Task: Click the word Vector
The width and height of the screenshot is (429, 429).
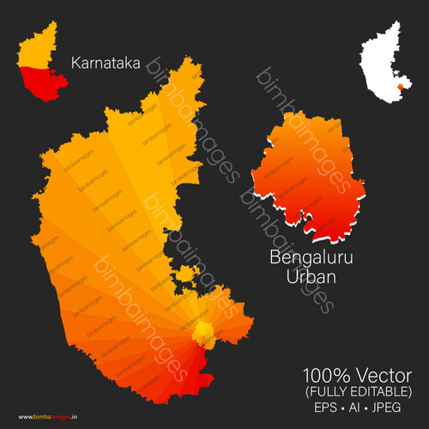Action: (x=384, y=375)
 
